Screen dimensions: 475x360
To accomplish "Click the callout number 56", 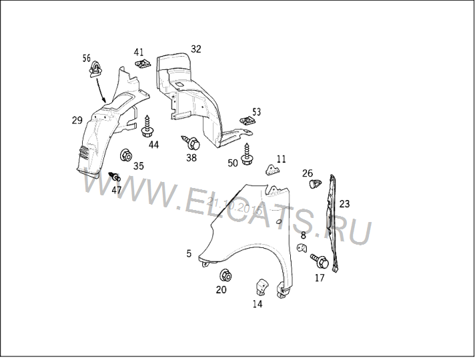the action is pyautogui.click(x=87, y=58).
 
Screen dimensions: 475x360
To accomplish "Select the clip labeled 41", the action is pyautogui.click(x=143, y=63).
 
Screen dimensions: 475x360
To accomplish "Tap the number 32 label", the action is pyautogui.click(x=195, y=49).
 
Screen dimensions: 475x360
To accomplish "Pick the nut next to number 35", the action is pyautogui.click(x=125, y=155).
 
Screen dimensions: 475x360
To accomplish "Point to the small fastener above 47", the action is pyautogui.click(x=115, y=176).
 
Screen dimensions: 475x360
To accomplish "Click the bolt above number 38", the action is pyautogui.click(x=191, y=142).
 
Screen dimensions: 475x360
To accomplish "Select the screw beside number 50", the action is pyautogui.click(x=247, y=155).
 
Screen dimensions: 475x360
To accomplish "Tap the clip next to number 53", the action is pyautogui.click(x=248, y=121).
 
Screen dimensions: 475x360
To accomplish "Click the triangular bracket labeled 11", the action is pyautogui.click(x=272, y=170).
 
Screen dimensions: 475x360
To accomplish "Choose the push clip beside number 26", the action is pyautogui.click(x=316, y=183).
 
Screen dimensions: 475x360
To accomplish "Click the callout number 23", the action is pyautogui.click(x=344, y=204).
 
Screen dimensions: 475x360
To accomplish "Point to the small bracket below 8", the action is pyautogui.click(x=302, y=248).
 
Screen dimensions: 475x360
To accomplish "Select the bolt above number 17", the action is pyautogui.click(x=320, y=261).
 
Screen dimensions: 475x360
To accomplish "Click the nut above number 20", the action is pyautogui.click(x=225, y=275).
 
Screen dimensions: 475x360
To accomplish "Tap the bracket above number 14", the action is pyautogui.click(x=262, y=287).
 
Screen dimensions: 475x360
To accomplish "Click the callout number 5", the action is pyautogui.click(x=189, y=253).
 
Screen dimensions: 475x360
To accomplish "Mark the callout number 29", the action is pyautogui.click(x=77, y=121).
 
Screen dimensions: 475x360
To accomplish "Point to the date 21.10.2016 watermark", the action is pyautogui.click(x=234, y=205).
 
